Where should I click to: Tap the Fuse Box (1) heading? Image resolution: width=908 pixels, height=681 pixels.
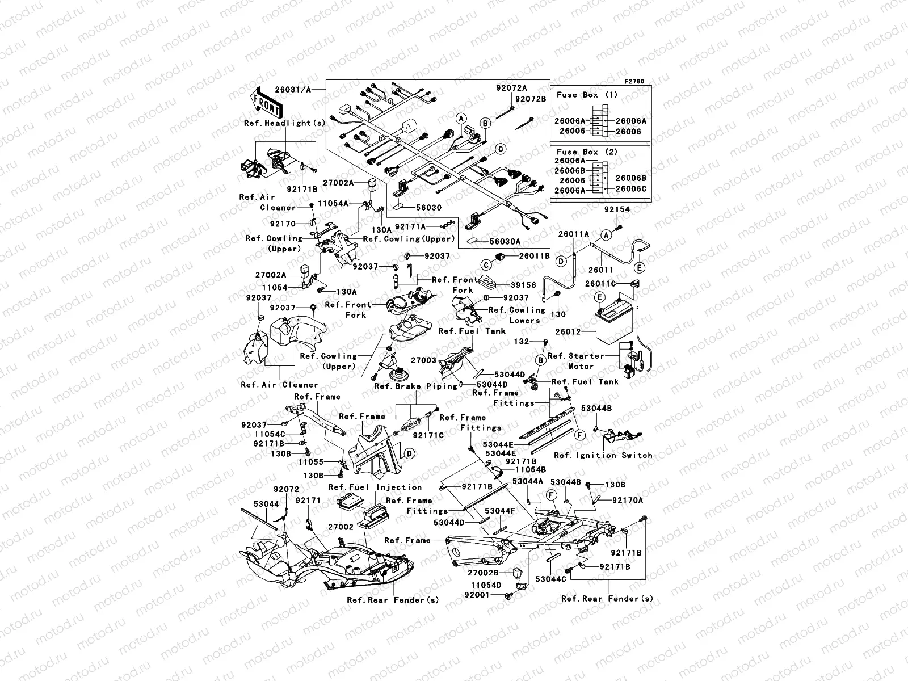click(586, 95)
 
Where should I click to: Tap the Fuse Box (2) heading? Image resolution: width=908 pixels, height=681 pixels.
click(586, 152)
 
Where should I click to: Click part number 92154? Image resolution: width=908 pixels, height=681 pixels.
click(616, 209)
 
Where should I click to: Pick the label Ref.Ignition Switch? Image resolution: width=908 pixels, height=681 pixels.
click(603, 455)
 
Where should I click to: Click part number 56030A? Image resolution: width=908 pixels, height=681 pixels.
click(505, 241)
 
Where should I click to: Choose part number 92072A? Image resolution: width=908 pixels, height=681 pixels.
click(511, 88)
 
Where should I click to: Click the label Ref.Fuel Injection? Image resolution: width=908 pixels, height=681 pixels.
click(375, 487)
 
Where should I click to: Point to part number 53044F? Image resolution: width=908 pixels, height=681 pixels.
click(499, 511)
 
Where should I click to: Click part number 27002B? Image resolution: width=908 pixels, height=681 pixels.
click(483, 573)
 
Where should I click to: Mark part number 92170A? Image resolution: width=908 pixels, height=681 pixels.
click(628, 500)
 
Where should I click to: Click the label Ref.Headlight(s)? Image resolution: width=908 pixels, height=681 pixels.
click(285, 123)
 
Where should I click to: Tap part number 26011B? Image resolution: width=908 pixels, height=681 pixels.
click(534, 256)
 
